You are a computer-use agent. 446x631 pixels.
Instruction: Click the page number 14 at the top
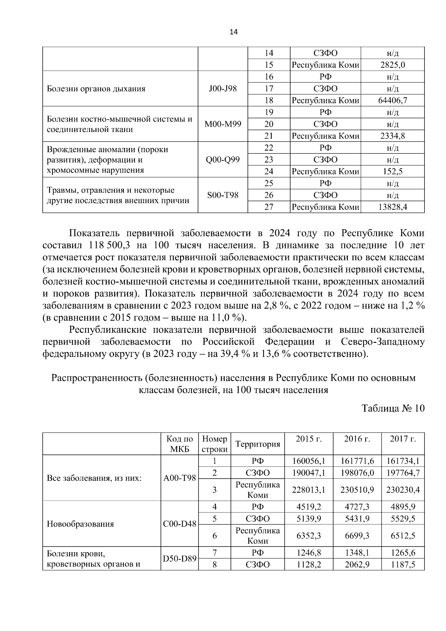233,32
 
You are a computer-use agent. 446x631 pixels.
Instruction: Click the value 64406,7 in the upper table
392,100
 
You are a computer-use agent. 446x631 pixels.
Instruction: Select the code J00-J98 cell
223,88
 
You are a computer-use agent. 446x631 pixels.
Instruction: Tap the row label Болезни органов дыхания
96,88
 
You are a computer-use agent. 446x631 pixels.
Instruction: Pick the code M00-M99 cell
223,124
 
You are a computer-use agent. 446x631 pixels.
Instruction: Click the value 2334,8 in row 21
392,136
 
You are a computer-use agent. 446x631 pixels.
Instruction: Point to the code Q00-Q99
223,160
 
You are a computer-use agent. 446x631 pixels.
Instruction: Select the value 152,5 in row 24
392,171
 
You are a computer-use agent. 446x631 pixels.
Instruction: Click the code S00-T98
223,195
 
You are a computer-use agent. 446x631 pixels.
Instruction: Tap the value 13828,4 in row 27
392,207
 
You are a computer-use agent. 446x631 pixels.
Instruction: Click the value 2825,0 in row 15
392,65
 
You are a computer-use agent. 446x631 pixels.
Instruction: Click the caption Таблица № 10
393,408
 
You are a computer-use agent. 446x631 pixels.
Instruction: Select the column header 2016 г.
357,439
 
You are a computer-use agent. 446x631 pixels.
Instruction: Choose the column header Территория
257,444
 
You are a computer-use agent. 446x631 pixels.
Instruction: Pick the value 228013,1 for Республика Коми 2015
308,490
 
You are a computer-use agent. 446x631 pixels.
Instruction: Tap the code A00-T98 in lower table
180,478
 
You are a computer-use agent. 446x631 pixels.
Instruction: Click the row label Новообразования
80,524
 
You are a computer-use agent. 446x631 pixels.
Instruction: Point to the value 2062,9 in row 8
357,565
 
